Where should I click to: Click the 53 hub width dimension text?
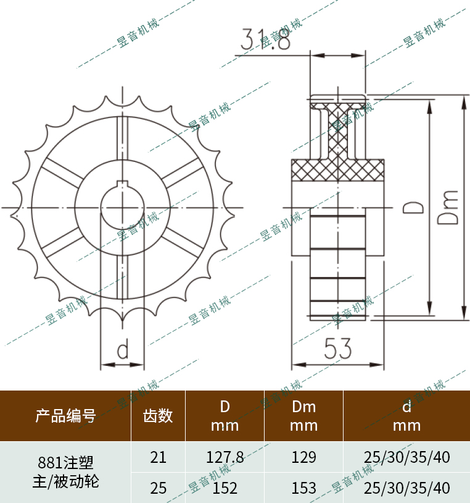pyautogui.click(x=338, y=350)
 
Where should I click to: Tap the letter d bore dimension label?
pyautogui.click(x=123, y=350)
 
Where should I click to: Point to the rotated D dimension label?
pyautogui.click(x=414, y=207)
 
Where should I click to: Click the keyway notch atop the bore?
pyautogui.click(x=123, y=184)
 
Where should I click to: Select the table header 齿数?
pyautogui.click(x=159, y=416)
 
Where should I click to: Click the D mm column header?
pyautogui.click(x=225, y=416)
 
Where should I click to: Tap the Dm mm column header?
pyautogui.click(x=303, y=416)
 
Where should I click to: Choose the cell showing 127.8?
pyautogui.click(x=225, y=457)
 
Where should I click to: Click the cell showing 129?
pyautogui.click(x=303, y=457)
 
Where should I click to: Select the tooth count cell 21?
pyautogui.click(x=159, y=457)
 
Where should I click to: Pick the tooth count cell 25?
pyautogui.click(x=159, y=488)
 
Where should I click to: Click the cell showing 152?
pyautogui.click(x=225, y=488)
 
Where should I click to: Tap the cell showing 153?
pyautogui.click(x=303, y=488)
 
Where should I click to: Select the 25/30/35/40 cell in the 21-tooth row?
pyautogui.click(x=407, y=457)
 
